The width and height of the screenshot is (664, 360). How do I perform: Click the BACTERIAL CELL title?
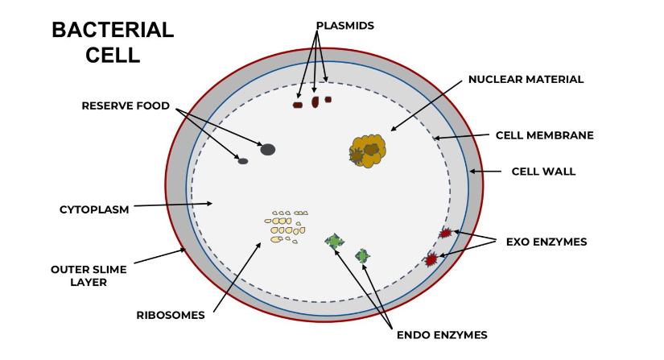point(112,43)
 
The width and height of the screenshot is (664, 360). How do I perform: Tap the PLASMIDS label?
point(344,26)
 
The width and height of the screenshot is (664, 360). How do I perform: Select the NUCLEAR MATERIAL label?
point(526,79)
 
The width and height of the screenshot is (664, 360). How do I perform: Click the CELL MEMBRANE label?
point(544,135)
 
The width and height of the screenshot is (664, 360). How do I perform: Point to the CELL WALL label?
point(543,172)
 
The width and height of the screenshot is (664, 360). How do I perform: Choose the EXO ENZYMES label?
point(546,241)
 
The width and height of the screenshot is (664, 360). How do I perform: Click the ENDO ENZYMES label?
point(442,333)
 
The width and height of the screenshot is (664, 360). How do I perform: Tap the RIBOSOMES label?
point(170,315)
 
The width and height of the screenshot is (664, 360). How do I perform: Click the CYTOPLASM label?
point(94,209)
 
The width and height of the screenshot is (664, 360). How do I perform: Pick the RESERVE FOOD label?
point(119,106)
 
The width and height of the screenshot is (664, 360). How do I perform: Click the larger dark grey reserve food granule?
point(268,149)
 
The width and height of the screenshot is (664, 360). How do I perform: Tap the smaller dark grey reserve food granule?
point(242,161)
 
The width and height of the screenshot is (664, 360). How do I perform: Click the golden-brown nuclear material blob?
point(369,150)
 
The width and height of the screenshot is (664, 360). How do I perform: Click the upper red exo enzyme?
point(445,233)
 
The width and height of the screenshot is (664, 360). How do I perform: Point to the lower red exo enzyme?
point(431,259)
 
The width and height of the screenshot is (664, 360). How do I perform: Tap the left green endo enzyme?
point(334,241)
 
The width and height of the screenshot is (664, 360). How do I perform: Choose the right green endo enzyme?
point(363,256)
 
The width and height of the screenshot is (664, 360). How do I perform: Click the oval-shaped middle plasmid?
point(316,101)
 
